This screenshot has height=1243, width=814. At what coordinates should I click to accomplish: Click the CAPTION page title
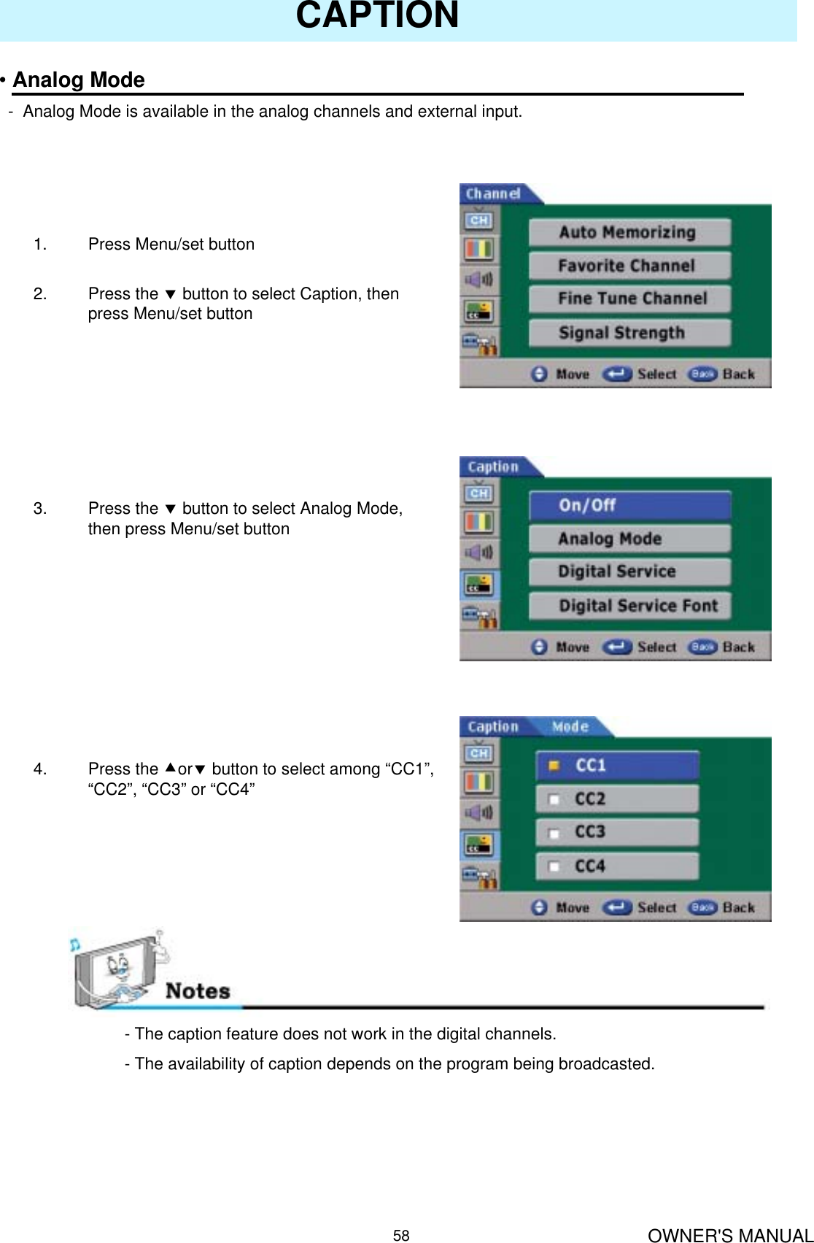[377, 16]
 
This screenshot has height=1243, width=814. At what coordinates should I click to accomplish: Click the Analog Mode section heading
[79, 80]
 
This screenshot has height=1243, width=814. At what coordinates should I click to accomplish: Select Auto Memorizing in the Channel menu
[629, 232]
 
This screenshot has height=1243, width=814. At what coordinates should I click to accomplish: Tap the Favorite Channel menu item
[629, 266]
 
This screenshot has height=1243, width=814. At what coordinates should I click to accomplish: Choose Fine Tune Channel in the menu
[629, 299]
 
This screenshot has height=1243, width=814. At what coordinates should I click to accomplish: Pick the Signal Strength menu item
[629, 333]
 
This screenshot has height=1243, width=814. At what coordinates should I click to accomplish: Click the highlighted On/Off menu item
[629, 505]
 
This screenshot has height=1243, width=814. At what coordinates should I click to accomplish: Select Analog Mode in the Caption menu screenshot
[629, 539]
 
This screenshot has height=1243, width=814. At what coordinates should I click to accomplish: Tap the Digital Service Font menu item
[629, 606]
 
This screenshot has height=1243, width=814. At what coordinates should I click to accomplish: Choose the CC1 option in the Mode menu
[617, 766]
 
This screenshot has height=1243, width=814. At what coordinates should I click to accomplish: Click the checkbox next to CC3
[554, 833]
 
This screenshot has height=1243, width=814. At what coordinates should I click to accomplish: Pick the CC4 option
[617, 866]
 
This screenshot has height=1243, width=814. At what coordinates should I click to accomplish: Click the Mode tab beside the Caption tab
[570, 727]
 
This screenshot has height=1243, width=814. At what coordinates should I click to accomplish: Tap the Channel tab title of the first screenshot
[493, 194]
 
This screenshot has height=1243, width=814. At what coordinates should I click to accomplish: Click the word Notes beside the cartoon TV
[198, 991]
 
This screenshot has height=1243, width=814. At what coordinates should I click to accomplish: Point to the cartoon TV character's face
[118, 967]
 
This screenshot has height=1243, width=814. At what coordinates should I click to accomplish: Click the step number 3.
[40, 509]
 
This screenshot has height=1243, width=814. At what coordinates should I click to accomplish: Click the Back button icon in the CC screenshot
[702, 907]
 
